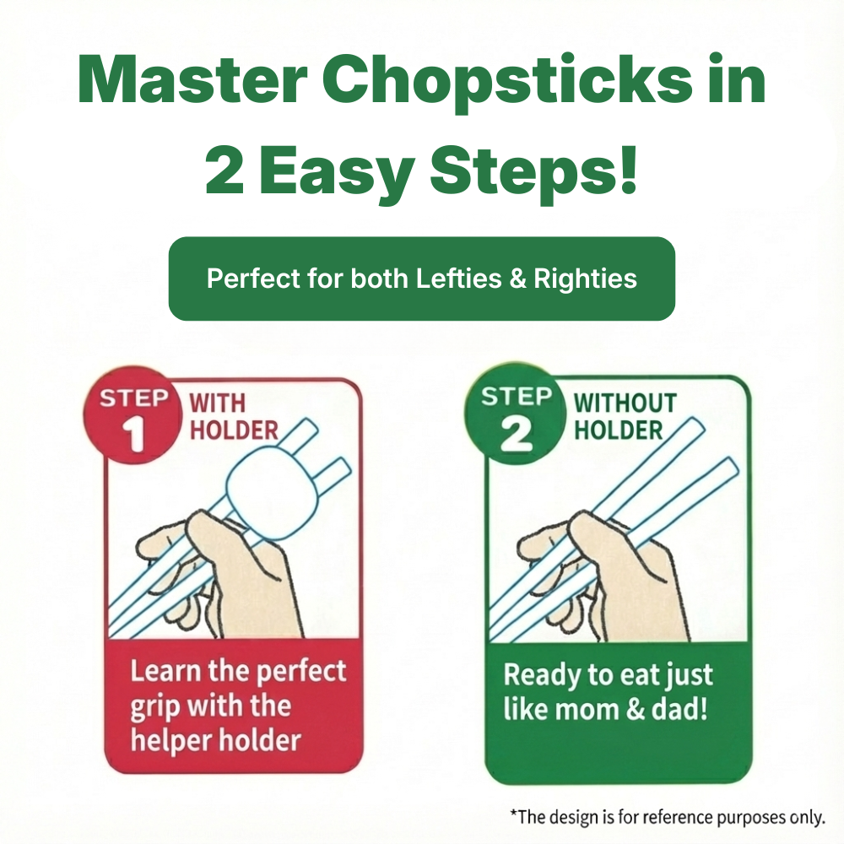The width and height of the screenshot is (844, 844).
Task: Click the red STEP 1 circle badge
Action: pos(133,415)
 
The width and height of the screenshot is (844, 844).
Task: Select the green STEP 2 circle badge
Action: pos(516,415)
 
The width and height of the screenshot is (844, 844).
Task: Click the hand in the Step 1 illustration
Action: pos(228,574)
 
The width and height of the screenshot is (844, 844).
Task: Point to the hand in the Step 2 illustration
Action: pos(608,574)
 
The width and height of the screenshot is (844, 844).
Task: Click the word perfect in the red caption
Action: pos(300,672)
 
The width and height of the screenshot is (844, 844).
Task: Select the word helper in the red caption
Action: pos(172,740)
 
